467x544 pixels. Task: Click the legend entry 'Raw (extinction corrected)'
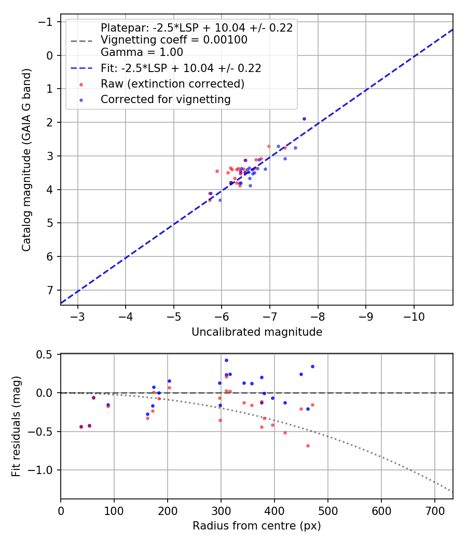(x=172, y=83)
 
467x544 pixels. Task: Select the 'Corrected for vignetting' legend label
(x=166, y=99)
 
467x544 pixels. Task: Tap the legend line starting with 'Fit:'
(x=181, y=68)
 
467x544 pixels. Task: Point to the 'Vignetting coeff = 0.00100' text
(x=174, y=40)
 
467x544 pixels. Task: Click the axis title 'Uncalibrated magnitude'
(x=257, y=332)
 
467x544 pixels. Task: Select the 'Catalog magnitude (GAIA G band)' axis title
(x=26, y=160)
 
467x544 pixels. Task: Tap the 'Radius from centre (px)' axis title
(x=257, y=526)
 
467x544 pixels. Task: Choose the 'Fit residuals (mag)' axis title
(x=16, y=426)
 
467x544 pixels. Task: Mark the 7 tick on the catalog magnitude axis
(x=50, y=290)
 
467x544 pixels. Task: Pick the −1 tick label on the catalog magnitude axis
(x=46, y=22)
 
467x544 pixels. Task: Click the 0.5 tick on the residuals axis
(x=47, y=354)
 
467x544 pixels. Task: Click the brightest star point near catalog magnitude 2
(x=304, y=119)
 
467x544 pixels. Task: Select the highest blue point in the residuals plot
(x=226, y=360)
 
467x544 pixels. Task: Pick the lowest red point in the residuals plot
(x=308, y=446)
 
